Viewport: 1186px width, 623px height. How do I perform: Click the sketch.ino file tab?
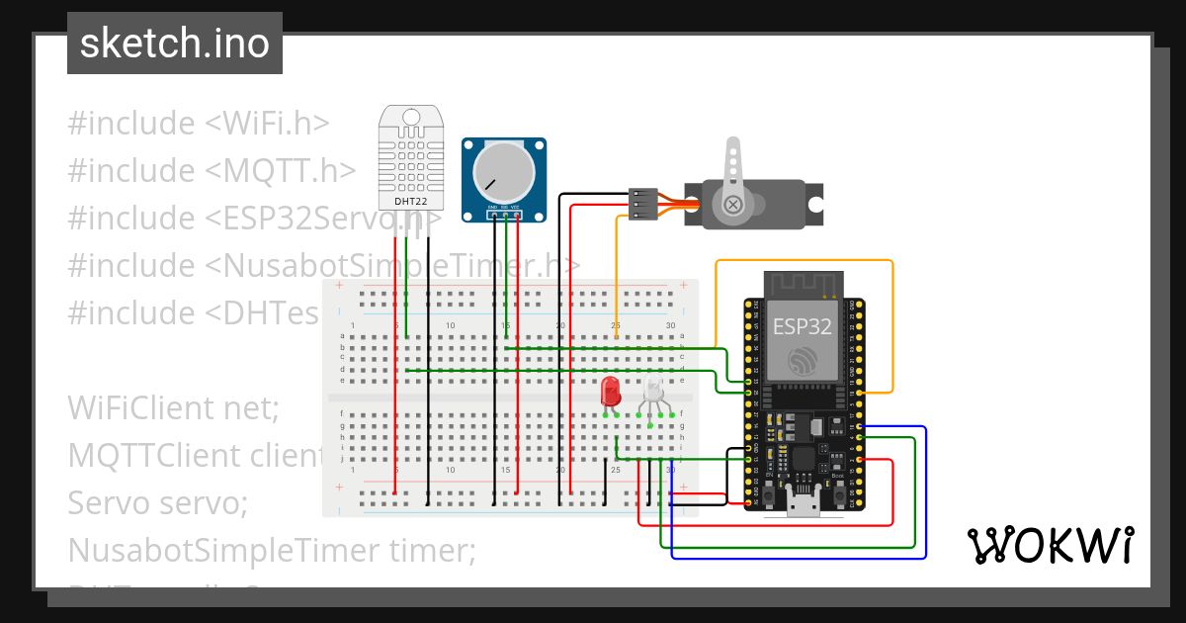[x=175, y=44]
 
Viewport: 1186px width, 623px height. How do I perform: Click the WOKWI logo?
[x=1050, y=545]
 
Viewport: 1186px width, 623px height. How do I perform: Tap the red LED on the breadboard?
[x=611, y=391]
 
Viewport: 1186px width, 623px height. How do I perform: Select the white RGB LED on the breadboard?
[x=653, y=390]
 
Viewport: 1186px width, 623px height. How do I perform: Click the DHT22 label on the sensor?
[x=410, y=201]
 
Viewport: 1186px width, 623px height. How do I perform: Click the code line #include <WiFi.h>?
[x=198, y=124]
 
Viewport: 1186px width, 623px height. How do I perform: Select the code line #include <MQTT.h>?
[x=212, y=171]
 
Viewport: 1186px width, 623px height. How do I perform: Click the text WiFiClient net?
[x=174, y=407]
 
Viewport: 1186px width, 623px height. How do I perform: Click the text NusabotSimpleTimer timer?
[x=271, y=550]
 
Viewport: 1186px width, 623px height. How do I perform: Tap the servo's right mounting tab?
[x=814, y=205]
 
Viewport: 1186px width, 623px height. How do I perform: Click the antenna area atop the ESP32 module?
[x=802, y=283]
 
